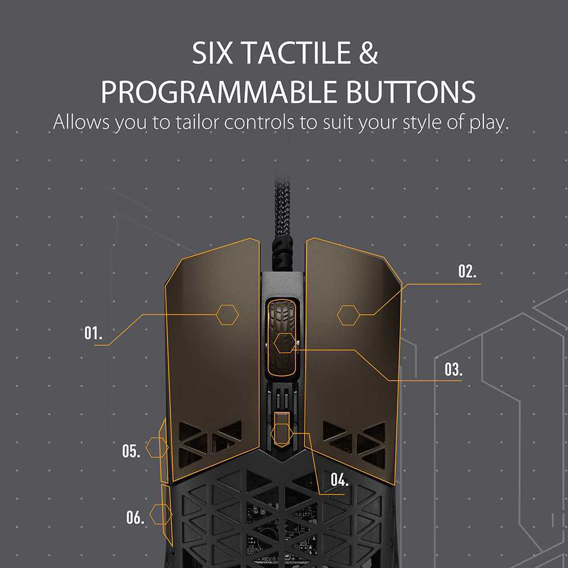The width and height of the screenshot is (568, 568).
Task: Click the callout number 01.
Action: point(93,333)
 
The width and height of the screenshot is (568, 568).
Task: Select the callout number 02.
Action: point(467,272)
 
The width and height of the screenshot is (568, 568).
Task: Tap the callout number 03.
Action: point(453,370)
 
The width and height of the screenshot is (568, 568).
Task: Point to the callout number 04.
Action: point(339,480)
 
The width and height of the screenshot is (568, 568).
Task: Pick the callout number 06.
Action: point(135,517)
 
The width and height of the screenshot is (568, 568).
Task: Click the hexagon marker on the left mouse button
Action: point(227,314)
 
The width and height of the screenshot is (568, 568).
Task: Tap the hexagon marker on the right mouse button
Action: point(348,315)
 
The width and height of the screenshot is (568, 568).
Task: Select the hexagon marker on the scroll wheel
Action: point(284,343)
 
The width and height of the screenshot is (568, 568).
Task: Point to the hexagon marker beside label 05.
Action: point(157,448)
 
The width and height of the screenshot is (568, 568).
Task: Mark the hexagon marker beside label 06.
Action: point(161,515)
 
